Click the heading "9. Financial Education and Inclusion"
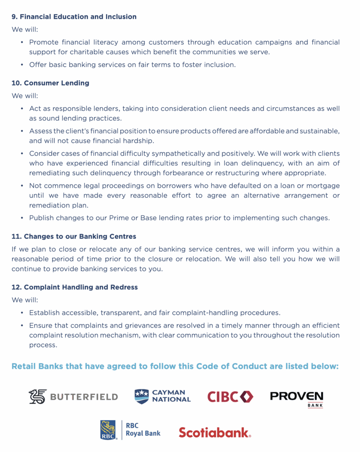click(74, 17)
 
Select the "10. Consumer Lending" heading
click(50, 83)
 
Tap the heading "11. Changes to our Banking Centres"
click(74, 237)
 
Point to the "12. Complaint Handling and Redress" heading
click(75, 287)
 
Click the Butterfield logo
click(73, 396)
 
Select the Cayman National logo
click(163, 396)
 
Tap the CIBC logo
click(230, 396)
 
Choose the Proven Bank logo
click(296, 398)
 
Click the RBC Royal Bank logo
click(130, 430)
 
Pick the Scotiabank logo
click(215, 432)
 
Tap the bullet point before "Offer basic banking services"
click(22, 65)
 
